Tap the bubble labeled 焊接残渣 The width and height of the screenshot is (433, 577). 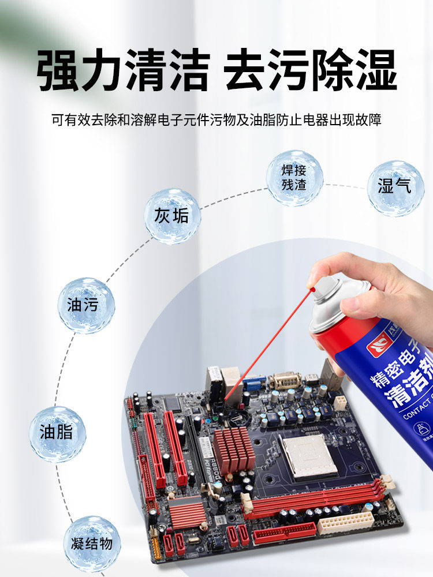(x=294, y=178)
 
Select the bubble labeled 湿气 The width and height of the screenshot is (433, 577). (x=395, y=188)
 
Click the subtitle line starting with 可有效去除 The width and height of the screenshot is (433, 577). (x=216, y=121)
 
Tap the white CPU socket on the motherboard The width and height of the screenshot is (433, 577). (x=308, y=455)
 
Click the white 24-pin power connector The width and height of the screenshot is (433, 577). (x=345, y=522)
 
